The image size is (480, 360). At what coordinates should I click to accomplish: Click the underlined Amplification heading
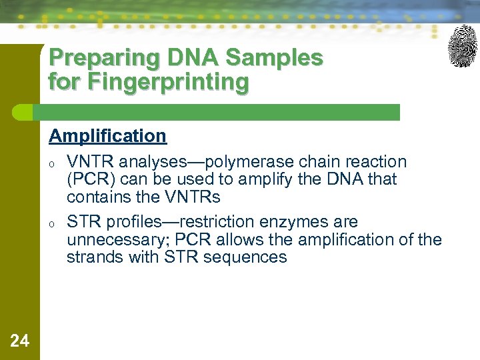[x=107, y=136]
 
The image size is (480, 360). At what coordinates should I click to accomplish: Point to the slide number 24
[x=20, y=341]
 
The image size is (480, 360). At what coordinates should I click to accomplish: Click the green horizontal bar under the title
[x=220, y=112]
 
